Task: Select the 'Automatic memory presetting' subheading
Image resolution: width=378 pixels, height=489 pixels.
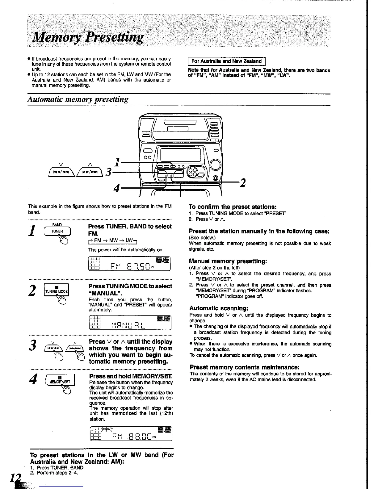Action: pos(78,100)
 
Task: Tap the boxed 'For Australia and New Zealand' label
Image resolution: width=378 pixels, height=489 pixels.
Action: pos(227,61)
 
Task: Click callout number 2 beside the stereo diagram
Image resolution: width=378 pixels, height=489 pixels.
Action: pos(242,183)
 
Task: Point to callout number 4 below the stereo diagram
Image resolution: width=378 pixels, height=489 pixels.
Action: pos(116,188)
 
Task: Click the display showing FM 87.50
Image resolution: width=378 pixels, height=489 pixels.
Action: pos(130,265)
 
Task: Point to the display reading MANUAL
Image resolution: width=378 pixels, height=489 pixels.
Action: pos(130,324)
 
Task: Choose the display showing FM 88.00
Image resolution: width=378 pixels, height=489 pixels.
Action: pos(130,434)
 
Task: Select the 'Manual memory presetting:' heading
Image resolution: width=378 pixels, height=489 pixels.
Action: pos(228,261)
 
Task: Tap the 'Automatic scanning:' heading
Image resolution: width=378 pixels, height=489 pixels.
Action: pos(219,308)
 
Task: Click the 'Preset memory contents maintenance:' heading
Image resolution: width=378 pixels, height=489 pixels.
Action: pos(244,367)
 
